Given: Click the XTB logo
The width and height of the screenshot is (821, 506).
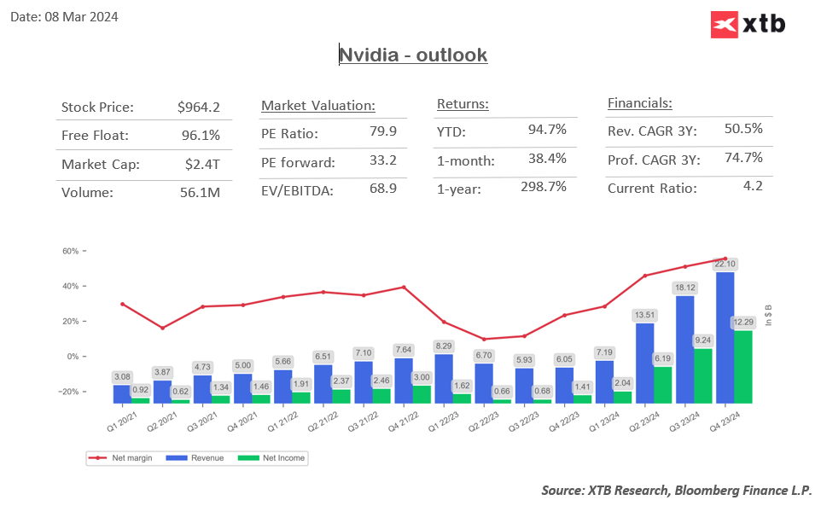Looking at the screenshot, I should click(x=748, y=25).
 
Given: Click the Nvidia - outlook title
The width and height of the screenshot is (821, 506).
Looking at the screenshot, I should click(x=413, y=55).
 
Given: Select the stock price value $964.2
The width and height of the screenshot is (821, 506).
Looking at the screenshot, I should click(x=199, y=108).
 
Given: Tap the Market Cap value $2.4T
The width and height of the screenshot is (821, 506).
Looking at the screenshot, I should click(x=201, y=165).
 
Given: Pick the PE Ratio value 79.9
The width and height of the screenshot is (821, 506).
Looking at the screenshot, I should click(x=382, y=133).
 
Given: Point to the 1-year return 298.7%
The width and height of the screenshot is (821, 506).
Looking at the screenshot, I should click(x=544, y=187).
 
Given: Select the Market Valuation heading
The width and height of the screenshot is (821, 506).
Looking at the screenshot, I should click(x=318, y=106).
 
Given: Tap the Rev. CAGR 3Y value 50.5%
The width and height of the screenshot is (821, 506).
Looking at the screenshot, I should click(x=743, y=129).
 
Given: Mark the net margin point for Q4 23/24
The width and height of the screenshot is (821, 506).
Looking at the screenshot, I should click(x=725, y=259).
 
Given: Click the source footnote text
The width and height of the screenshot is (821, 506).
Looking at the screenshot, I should click(x=677, y=490).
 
